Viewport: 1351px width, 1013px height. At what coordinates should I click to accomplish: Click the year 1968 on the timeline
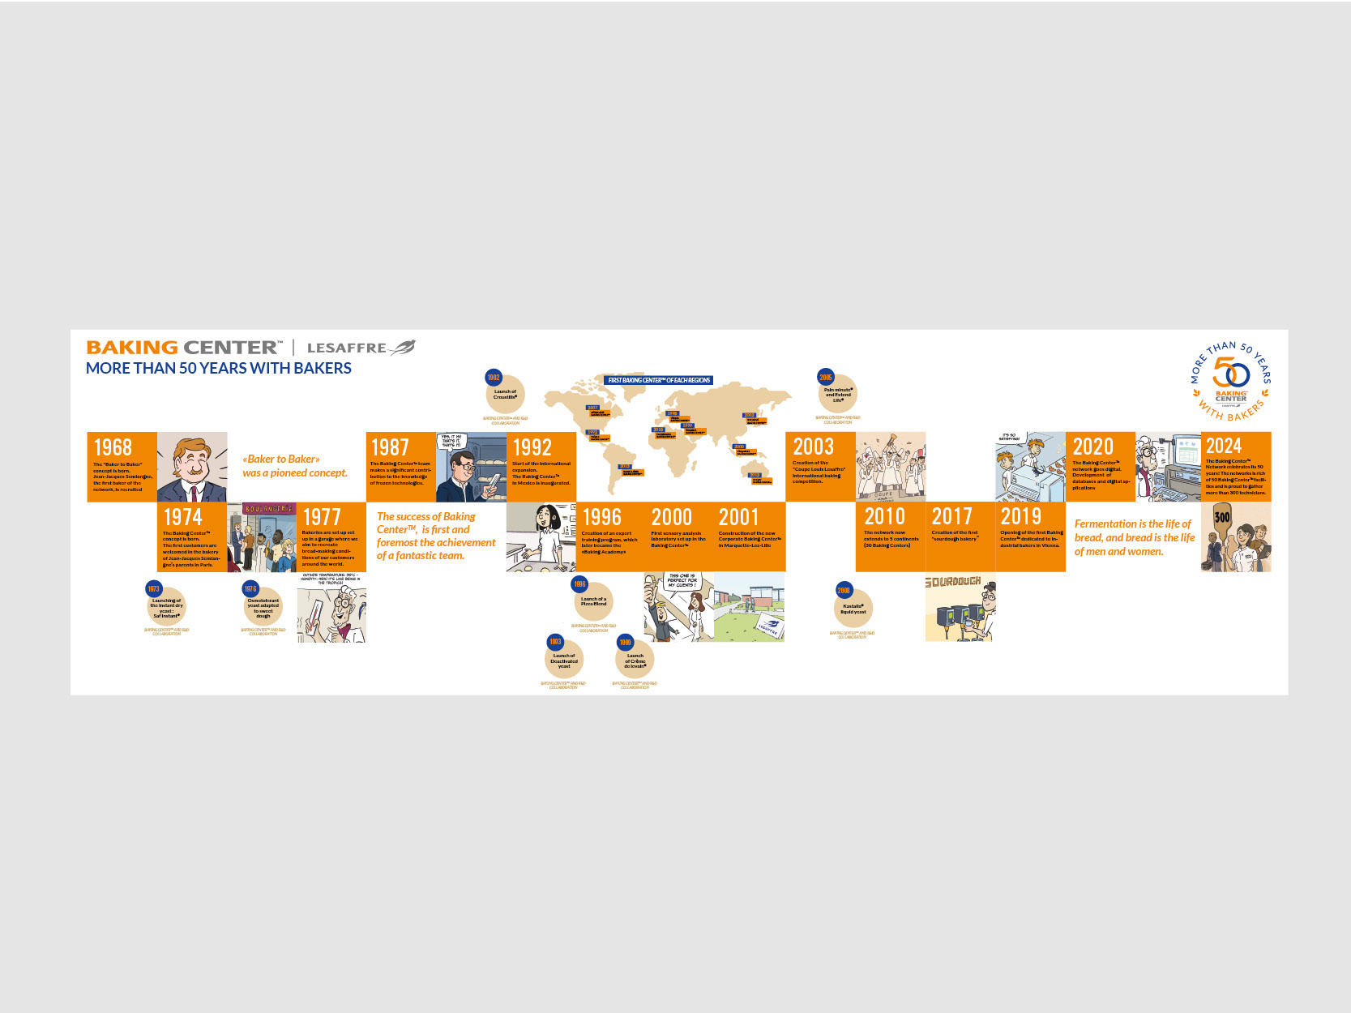click(x=113, y=447)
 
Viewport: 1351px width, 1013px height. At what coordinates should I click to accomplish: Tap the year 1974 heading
click(x=182, y=517)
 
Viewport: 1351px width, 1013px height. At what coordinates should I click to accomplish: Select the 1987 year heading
click(x=390, y=447)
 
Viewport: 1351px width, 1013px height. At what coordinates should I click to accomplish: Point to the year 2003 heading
click(x=813, y=447)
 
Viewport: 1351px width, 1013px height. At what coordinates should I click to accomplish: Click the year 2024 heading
click(x=1223, y=446)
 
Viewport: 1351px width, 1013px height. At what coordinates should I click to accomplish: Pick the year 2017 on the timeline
click(x=951, y=516)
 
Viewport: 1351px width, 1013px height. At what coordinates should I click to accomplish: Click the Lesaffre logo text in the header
click(x=348, y=348)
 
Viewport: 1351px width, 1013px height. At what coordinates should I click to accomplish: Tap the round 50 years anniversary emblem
click(x=1230, y=381)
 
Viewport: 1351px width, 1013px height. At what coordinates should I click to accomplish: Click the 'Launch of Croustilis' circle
click(x=505, y=395)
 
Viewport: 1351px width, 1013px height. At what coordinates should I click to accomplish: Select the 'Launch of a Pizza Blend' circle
click(x=593, y=602)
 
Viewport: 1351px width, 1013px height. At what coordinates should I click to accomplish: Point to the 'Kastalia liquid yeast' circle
click(x=853, y=609)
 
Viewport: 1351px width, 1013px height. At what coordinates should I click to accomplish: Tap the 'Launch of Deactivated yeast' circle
click(x=564, y=660)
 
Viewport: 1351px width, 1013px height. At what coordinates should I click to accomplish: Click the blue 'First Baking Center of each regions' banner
click(x=659, y=380)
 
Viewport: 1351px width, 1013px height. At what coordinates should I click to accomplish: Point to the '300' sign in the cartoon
click(x=1222, y=517)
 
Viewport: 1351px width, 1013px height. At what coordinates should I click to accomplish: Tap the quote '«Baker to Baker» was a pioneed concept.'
click(x=294, y=466)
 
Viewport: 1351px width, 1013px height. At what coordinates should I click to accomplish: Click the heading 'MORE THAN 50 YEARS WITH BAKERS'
click(x=219, y=368)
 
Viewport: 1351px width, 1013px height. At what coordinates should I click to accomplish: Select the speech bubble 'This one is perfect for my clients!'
click(x=682, y=580)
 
